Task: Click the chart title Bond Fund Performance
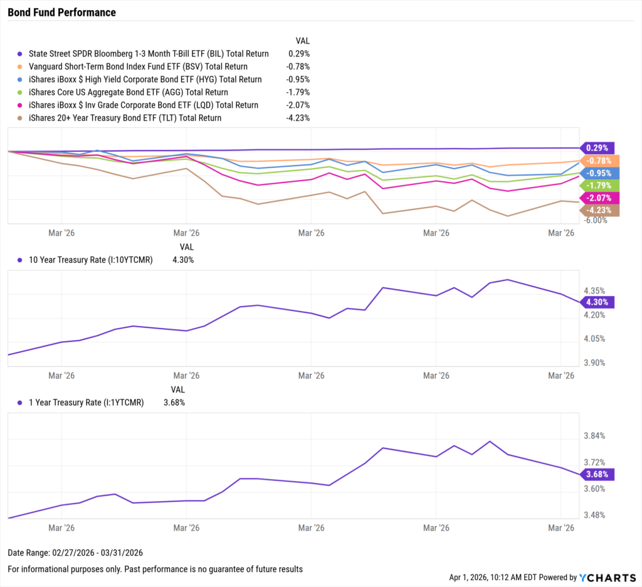[x=61, y=13]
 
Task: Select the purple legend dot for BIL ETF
[x=20, y=54]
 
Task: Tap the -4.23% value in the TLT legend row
[x=298, y=118]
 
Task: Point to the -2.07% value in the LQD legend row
[x=298, y=105]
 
